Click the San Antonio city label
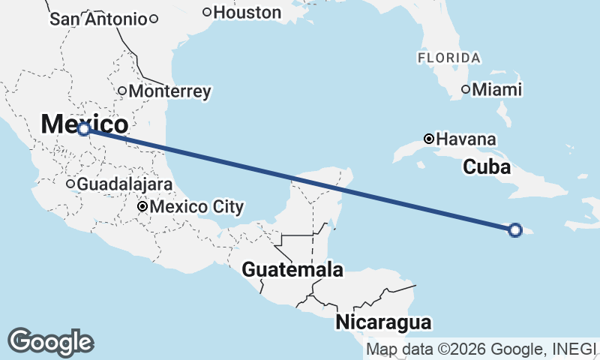point(98,19)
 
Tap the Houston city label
point(247,12)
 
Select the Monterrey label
point(169,91)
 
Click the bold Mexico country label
point(84,124)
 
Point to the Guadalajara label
point(125,184)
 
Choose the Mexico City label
point(197,206)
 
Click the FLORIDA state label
point(448,58)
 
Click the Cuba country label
point(487,166)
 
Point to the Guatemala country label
point(292,270)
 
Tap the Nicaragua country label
point(384,322)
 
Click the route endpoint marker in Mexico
point(84,129)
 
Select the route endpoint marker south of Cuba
point(515,229)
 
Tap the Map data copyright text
point(480,349)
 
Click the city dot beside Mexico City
point(142,206)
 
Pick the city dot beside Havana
point(428,139)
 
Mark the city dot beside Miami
point(466,90)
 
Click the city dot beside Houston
point(207,12)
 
